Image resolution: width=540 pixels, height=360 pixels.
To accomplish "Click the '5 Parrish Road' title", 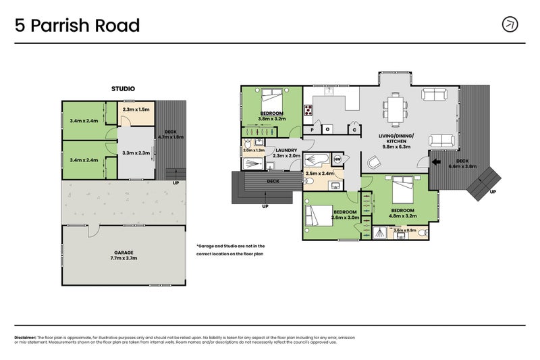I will coord(78,26).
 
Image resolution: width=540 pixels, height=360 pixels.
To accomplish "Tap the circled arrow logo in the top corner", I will coord(510,24).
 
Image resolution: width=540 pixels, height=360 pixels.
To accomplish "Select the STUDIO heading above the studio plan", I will coord(123,88).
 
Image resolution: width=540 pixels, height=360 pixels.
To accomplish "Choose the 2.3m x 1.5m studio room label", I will coord(136,109).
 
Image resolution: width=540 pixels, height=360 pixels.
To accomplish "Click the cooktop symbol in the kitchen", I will coord(308,110).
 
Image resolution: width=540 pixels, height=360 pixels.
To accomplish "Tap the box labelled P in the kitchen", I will coord(312,129).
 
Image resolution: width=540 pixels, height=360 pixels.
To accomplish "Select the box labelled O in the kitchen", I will coord(328,129).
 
